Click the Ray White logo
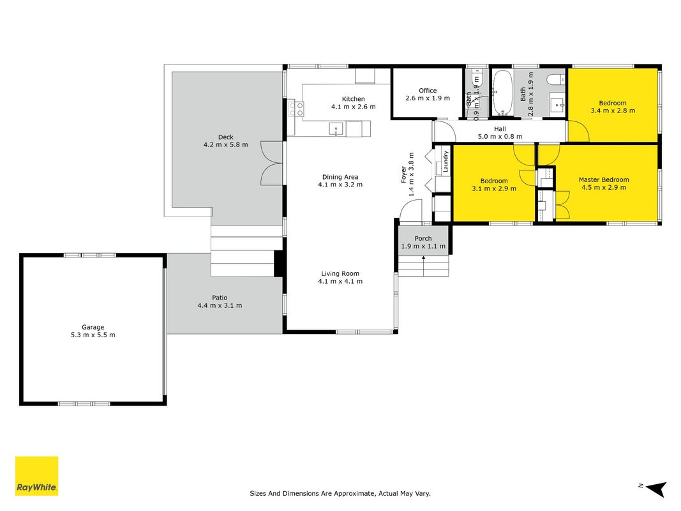(x=36, y=476)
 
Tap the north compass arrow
(x=656, y=489)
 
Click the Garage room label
(x=93, y=327)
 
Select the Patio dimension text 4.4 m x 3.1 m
(x=220, y=305)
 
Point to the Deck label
(x=226, y=137)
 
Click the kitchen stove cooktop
(x=297, y=109)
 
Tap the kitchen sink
(x=336, y=129)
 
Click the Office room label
(x=428, y=90)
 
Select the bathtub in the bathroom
(x=503, y=93)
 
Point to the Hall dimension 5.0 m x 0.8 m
(x=500, y=137)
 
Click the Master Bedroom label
(x=604, y=179)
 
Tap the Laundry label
(x=445, y=162)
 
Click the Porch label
(x=423, y=238)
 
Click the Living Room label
(x=340, y=273)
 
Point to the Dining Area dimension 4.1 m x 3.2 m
(x=340, y=184)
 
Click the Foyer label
(x=403, y=174)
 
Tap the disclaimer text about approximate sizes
(x=340, y=493)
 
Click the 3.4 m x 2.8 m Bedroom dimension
(x=613, y=111)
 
